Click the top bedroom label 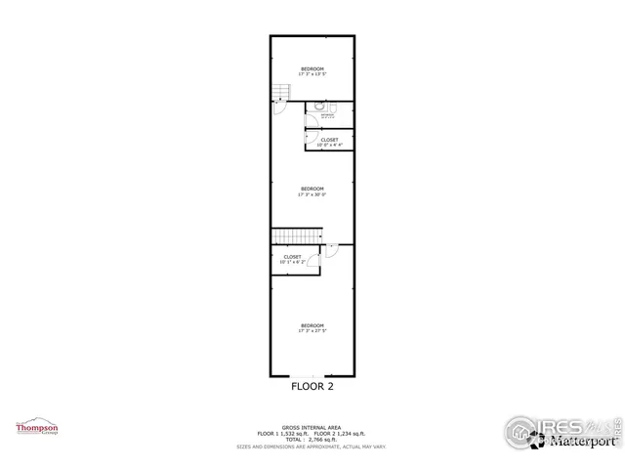[312, 67]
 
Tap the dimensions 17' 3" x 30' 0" [312, 194]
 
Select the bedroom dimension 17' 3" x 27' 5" [312, 331]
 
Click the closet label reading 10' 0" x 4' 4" [330, 145]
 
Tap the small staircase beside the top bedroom [281, 93]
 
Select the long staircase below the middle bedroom [297, 235]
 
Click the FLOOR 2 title [312, 386]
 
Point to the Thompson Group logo [36, 428]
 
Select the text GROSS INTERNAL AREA [312, 425]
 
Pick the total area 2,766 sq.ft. [312, 439]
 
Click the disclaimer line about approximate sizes [312, 447]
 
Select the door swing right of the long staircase [331, 250]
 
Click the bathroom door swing [311, 110]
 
